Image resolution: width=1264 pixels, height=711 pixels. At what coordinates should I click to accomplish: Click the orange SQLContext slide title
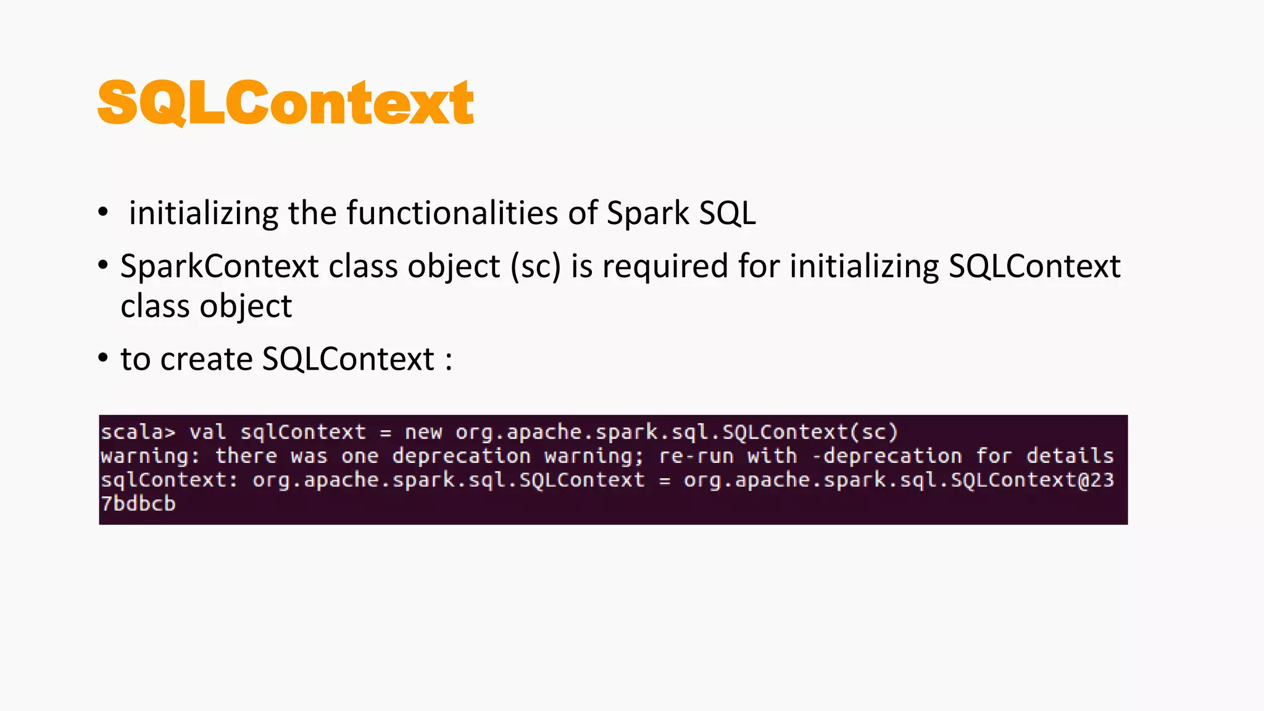[x=285, y=103]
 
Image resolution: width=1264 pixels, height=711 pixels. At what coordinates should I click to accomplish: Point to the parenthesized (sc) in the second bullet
[x=536, y=267]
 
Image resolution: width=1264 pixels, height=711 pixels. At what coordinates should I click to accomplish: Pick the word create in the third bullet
[x=206, y=359]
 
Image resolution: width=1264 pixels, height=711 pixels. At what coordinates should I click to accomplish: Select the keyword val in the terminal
[x=207, y=432]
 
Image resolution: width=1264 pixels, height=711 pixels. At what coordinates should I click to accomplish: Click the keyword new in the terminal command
[x=423, y=432]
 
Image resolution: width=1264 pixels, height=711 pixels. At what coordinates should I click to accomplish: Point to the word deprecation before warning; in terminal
[x=462, y=456]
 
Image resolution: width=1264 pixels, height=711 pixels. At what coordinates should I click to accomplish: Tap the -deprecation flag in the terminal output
[x=887, y=456]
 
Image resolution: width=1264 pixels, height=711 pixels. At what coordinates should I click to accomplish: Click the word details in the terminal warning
[x=1070, y=456]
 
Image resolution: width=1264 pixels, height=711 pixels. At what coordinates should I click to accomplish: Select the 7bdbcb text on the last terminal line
[x=138, y=504]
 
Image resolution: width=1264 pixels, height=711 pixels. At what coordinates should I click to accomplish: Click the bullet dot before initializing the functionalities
[x=103, y=212]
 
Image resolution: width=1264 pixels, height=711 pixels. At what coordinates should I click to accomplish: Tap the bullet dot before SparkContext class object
[x=103, y=266]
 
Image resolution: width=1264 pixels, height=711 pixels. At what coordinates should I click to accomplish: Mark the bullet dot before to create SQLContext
[x=103, y=359]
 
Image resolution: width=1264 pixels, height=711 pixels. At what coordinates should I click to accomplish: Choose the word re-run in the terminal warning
[x=696, y=456]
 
